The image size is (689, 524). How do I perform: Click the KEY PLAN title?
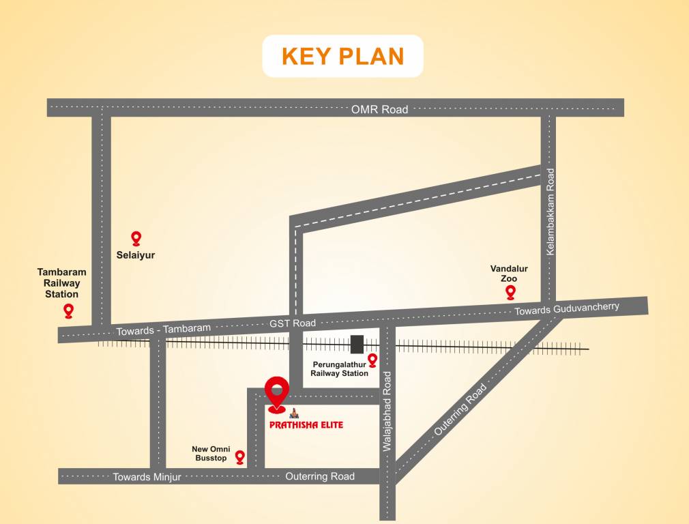pyautogui.click(x=342, y=56)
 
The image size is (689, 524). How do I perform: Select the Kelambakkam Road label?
pyautogui.click(x=550, y=212)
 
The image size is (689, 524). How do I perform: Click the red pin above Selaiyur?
pyautogui.click(x=136, y=237)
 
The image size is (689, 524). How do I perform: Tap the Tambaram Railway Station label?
pyautogui.click(x=62, y=283)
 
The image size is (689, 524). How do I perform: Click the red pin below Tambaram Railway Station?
pyautogui.click(x=68, y=310)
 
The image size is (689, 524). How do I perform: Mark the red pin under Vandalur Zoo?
pyautogui.click(x=510, y=292)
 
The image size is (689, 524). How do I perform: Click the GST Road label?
pyautogui.click(x=293, y=323)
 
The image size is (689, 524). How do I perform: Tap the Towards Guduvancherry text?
pyautogui.click(x=566, y=309)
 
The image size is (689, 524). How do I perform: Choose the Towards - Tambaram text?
pyautogui.click(x=164, y=329)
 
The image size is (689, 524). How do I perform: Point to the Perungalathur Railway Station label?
pyautogui.click(x=339, y=368)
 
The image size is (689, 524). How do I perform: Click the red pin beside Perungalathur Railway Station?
pyautogui.click(x=372, y=360)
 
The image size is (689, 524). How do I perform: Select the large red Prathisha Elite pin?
pyautogui.click(x=276, y=394)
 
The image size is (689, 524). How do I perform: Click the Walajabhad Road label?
pyautogui.click(x=387, y=411)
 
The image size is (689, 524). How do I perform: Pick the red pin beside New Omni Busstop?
pyautogui.click(x=240, y=456)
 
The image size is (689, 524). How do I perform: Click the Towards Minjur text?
pyautogui.click(x=147, y=477)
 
